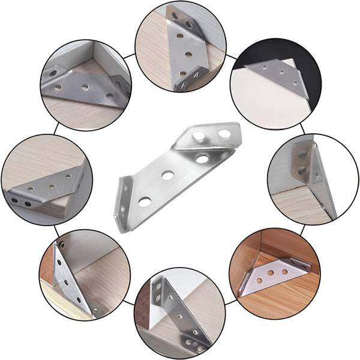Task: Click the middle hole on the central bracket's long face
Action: point(167,175)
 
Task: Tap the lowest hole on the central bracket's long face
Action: point(144,201)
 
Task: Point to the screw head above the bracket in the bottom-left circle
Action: point(62,245)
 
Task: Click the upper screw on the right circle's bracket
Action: point(302,155)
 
